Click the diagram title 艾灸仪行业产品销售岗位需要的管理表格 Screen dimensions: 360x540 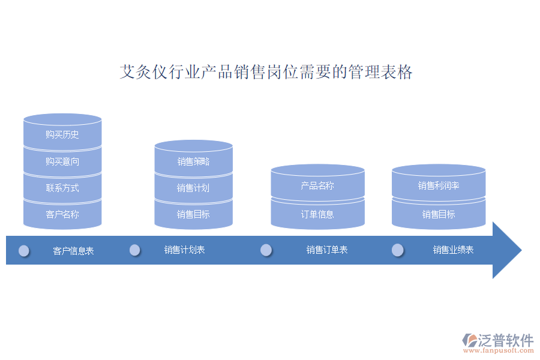click(x=266, y=73)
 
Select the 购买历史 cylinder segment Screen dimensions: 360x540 click(x=62, y=134)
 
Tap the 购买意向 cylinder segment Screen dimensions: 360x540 click(x=62, y=161)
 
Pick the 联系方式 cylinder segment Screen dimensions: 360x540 click(x=62, y=188)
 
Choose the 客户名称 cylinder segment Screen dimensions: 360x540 click(x=62, y=214)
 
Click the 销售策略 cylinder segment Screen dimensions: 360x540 click(x=193, y=161)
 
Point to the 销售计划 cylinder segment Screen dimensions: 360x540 click(x=193, y=188)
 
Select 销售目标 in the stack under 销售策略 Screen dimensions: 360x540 click(x=193, y=214)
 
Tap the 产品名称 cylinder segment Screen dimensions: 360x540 click(x=317, y=186)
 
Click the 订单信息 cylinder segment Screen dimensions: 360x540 click(x=317, y=214)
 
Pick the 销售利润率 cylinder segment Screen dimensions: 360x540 click(x=439, y=185)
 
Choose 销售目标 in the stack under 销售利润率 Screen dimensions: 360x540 click(x=439, y=214)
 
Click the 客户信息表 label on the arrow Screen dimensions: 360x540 click(x=73, y=251)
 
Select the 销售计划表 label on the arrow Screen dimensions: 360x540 click(x=185, y=250)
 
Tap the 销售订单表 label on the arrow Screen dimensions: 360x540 click(x=327, y=250)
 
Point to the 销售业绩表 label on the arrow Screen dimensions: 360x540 click(x=454, y=250)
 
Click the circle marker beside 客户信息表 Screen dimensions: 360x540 click(x=24, y=251)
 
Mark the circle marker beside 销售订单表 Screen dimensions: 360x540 click(x=266, y=250)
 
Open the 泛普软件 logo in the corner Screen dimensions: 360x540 click(x=498, y=342)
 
